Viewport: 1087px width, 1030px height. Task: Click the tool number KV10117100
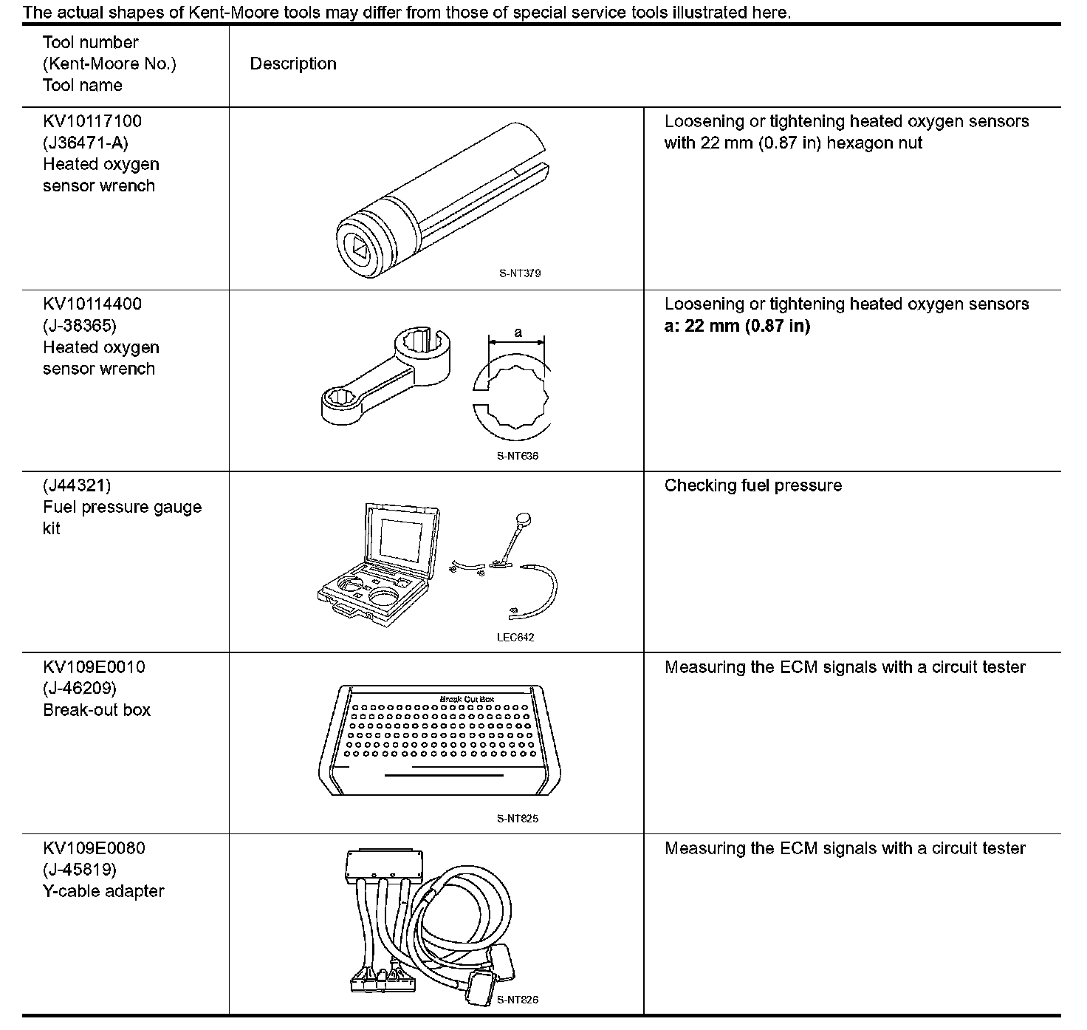click(92, 121)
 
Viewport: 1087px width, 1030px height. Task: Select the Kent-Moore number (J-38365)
click(80, 325)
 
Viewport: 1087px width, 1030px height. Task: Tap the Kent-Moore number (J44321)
click(77, 485)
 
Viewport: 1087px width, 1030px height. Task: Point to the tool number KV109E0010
click(94, 667)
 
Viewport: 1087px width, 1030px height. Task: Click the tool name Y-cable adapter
click(103, 891)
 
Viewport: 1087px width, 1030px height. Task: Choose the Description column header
click(293, 64)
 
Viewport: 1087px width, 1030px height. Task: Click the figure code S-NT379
click(520, 273)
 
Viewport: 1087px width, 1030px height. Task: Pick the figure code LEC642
click(515, 638)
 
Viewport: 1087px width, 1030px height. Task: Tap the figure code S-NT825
click(518, 819)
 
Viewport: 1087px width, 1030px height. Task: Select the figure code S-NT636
click(518, 456)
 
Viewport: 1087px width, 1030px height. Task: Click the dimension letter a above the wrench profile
click(518, 332)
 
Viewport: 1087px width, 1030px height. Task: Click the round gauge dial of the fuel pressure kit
click(526, 520)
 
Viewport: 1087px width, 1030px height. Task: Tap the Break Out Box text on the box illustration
click(467, 699)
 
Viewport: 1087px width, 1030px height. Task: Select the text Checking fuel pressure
click(752, 485)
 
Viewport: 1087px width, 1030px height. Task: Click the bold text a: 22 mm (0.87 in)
click(737, 326)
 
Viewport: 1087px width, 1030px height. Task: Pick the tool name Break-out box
click(97, 710)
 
